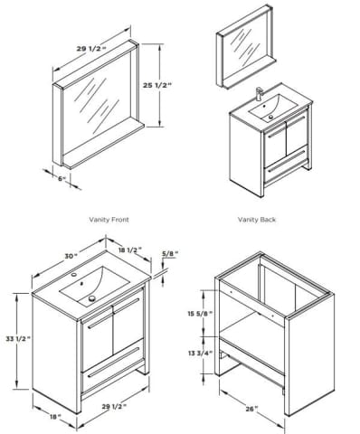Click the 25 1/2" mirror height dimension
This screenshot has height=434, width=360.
click(157, 85)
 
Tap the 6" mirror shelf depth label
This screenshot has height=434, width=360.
click(62, 178)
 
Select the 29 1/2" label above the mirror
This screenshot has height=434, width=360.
click(91, 48)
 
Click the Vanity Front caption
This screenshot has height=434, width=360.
click(109, 220)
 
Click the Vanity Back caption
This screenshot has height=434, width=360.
click(257, 220)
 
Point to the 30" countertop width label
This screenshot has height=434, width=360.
click(71, 256)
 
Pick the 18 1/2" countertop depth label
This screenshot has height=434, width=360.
click(130, 250)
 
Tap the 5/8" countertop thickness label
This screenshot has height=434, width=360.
click(170, 253)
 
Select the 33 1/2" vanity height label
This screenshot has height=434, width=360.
click(18, 338)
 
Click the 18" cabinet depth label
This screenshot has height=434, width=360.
click(55, 417)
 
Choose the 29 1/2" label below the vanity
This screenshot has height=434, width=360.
click(114, 407)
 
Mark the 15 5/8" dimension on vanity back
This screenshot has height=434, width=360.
click(200, 313)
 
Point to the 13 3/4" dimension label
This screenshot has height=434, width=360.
click(201, 353)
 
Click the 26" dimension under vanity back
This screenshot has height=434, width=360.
click(252, 409)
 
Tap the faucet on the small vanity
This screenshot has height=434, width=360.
click(260, 94)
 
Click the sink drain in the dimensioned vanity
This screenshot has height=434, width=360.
click(92, 298)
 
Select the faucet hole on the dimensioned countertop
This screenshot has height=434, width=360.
click(73, 275)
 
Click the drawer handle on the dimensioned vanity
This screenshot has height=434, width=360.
click(114, 362)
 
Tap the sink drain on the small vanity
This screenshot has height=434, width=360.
click(270, 117)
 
